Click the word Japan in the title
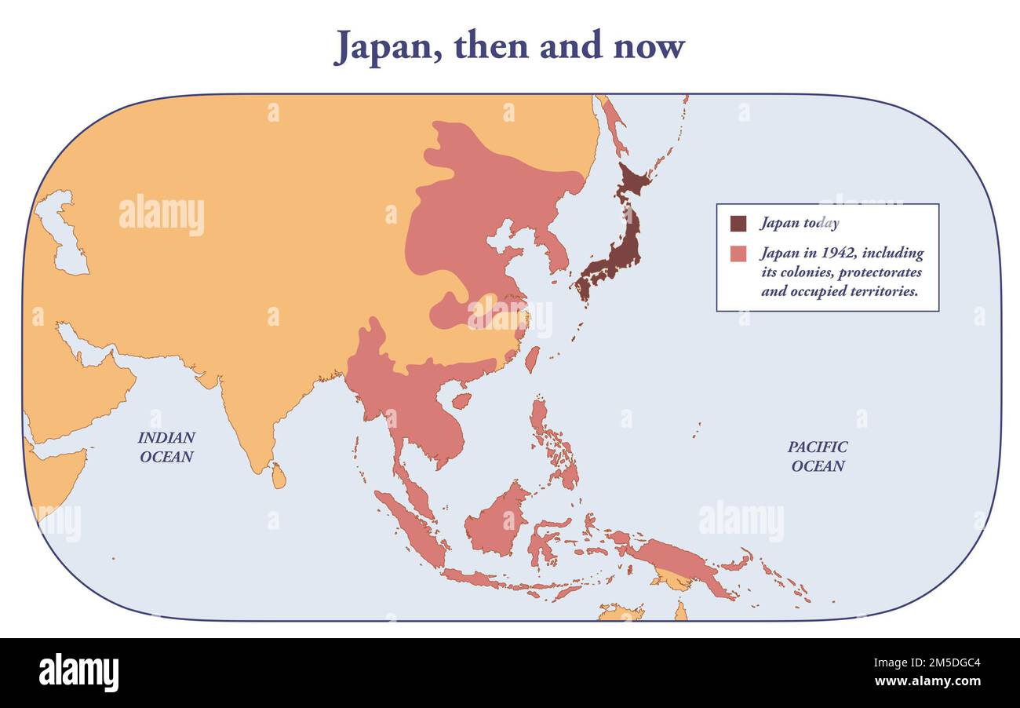click(x=383, y=46)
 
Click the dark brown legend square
click(x=738, y=224)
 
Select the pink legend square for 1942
click(x=738, y=254)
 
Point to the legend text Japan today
click(x=799, y=224)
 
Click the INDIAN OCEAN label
click(x=166, y=447)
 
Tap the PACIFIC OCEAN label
click(x=818, y=456)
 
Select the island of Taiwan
click(x=532, y=359)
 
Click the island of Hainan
click(x=462, y=400)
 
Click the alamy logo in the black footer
click(x=78, y=673)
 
